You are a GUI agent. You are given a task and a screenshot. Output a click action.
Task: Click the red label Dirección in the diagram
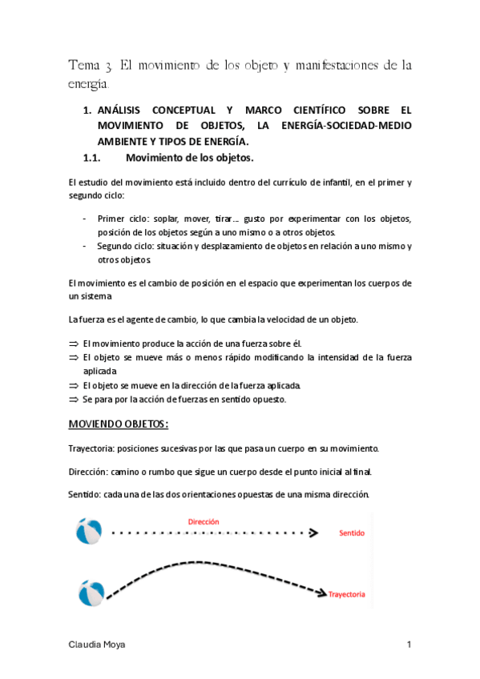204,521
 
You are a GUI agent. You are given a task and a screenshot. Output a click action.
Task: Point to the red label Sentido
354,532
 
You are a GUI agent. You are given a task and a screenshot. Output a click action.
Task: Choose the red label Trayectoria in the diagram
347,595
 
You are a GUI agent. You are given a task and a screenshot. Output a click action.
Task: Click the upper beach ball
87,530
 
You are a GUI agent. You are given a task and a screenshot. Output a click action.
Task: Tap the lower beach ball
91,593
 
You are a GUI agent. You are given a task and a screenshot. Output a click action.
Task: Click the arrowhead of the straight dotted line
315,532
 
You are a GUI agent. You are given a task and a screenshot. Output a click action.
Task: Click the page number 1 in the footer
409,645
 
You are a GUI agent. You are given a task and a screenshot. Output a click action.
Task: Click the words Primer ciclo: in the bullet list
121,219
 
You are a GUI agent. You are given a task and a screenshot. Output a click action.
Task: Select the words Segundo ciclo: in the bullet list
127,246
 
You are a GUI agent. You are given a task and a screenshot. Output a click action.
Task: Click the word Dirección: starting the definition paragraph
89,471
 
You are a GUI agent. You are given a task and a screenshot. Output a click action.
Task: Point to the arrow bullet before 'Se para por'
74,399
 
